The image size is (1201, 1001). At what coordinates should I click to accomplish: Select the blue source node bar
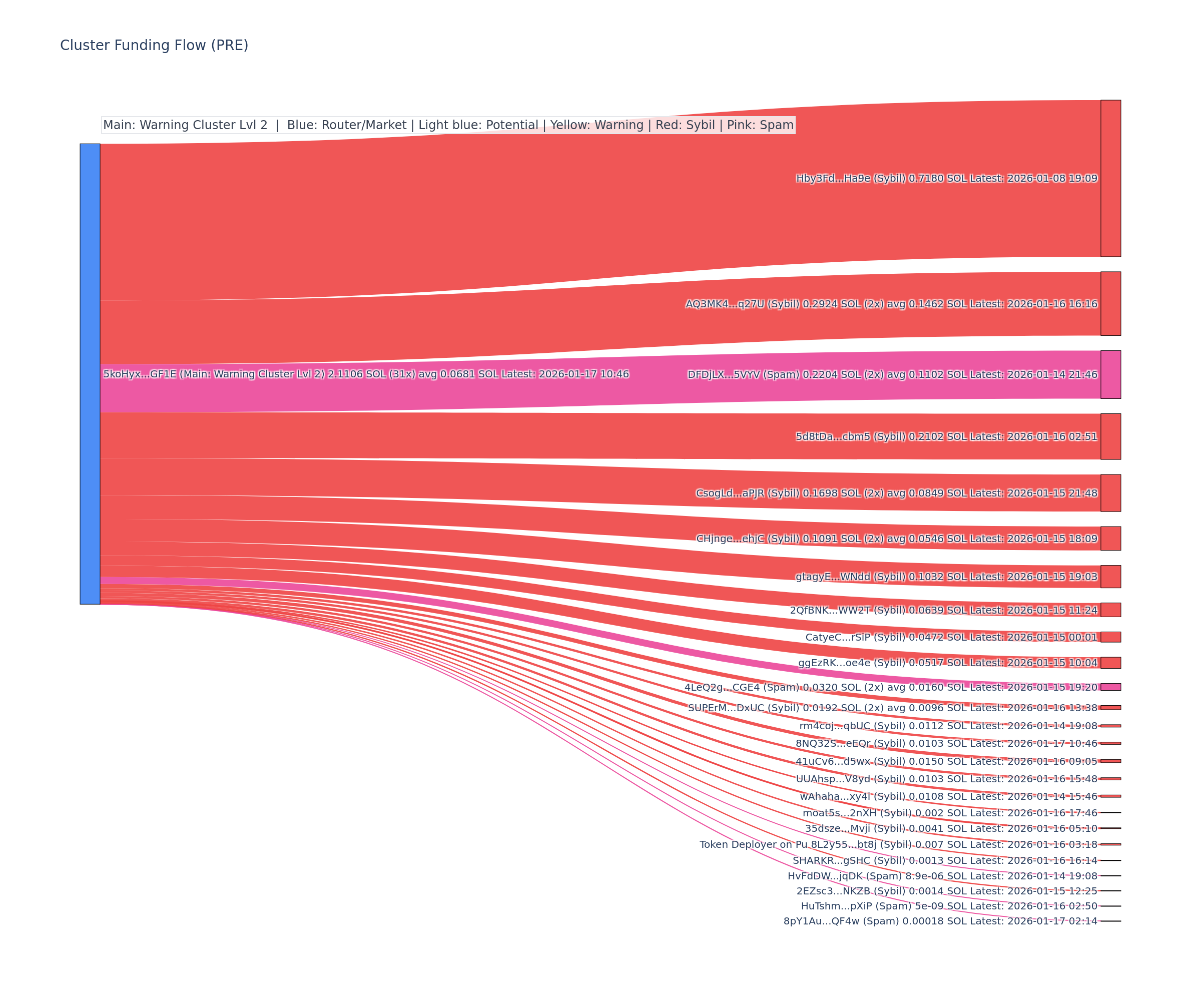pyautogui.click(x=90, y=373)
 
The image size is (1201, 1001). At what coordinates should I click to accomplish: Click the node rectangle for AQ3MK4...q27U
pyautogui.click(x=1110, y=304)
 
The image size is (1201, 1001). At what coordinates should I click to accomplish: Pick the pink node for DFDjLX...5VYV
pyautogui.click(x=1110, y=375)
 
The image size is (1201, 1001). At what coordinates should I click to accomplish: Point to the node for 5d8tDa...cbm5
pyautogui.click(x=1110, y=436)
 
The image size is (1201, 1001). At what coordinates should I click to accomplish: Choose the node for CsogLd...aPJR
pyautogui.click(x=1110, y=493)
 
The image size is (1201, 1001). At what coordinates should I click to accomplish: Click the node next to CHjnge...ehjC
pyautogui.click(x=1110, y=538)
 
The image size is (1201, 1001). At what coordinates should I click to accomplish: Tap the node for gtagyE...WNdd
pyautogui.click(x=1110, y=577)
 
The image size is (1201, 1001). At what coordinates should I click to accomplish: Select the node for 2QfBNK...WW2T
pyautogui.click(x=1110, y=610)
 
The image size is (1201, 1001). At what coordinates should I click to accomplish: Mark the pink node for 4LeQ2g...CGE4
pyautogui.click(x=1110, y=687)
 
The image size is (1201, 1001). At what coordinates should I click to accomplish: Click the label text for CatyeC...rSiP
pyautogui.click(x=951, y=637)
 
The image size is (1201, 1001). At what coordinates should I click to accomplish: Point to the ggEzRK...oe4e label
pyautogui.click(x=948, y=663)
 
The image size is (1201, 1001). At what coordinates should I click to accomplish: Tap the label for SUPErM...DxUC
pyautogui.click(x=892, y=708)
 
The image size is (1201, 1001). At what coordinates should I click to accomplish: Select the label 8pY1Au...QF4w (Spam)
pyautogui.click(x=940, y=921)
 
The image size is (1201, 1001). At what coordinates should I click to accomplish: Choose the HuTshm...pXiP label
pyautogui.click(x=949, y=906)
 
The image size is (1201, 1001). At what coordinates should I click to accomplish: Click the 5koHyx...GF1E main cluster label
pyautogui.click(x=366, y=374)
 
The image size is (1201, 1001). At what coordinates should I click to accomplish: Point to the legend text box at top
pyautogui.click(x=448, y=125)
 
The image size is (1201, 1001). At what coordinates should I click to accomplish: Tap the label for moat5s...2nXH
pyautogui.click(x=950, y=813)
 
